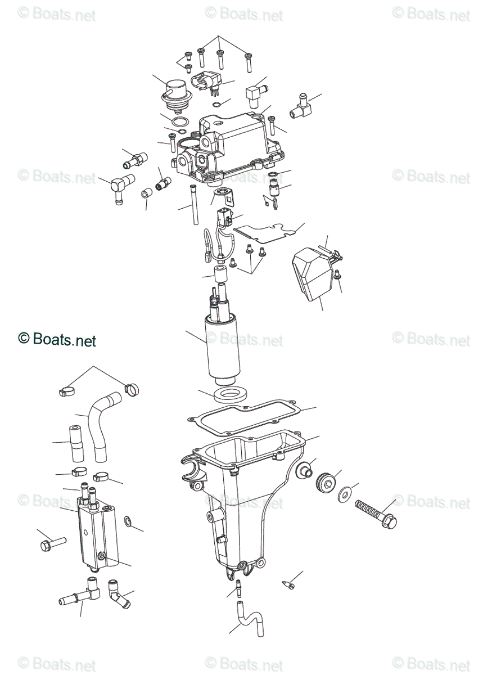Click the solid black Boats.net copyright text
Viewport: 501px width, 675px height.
point(57,339)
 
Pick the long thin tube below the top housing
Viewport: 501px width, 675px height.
point(194,205)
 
